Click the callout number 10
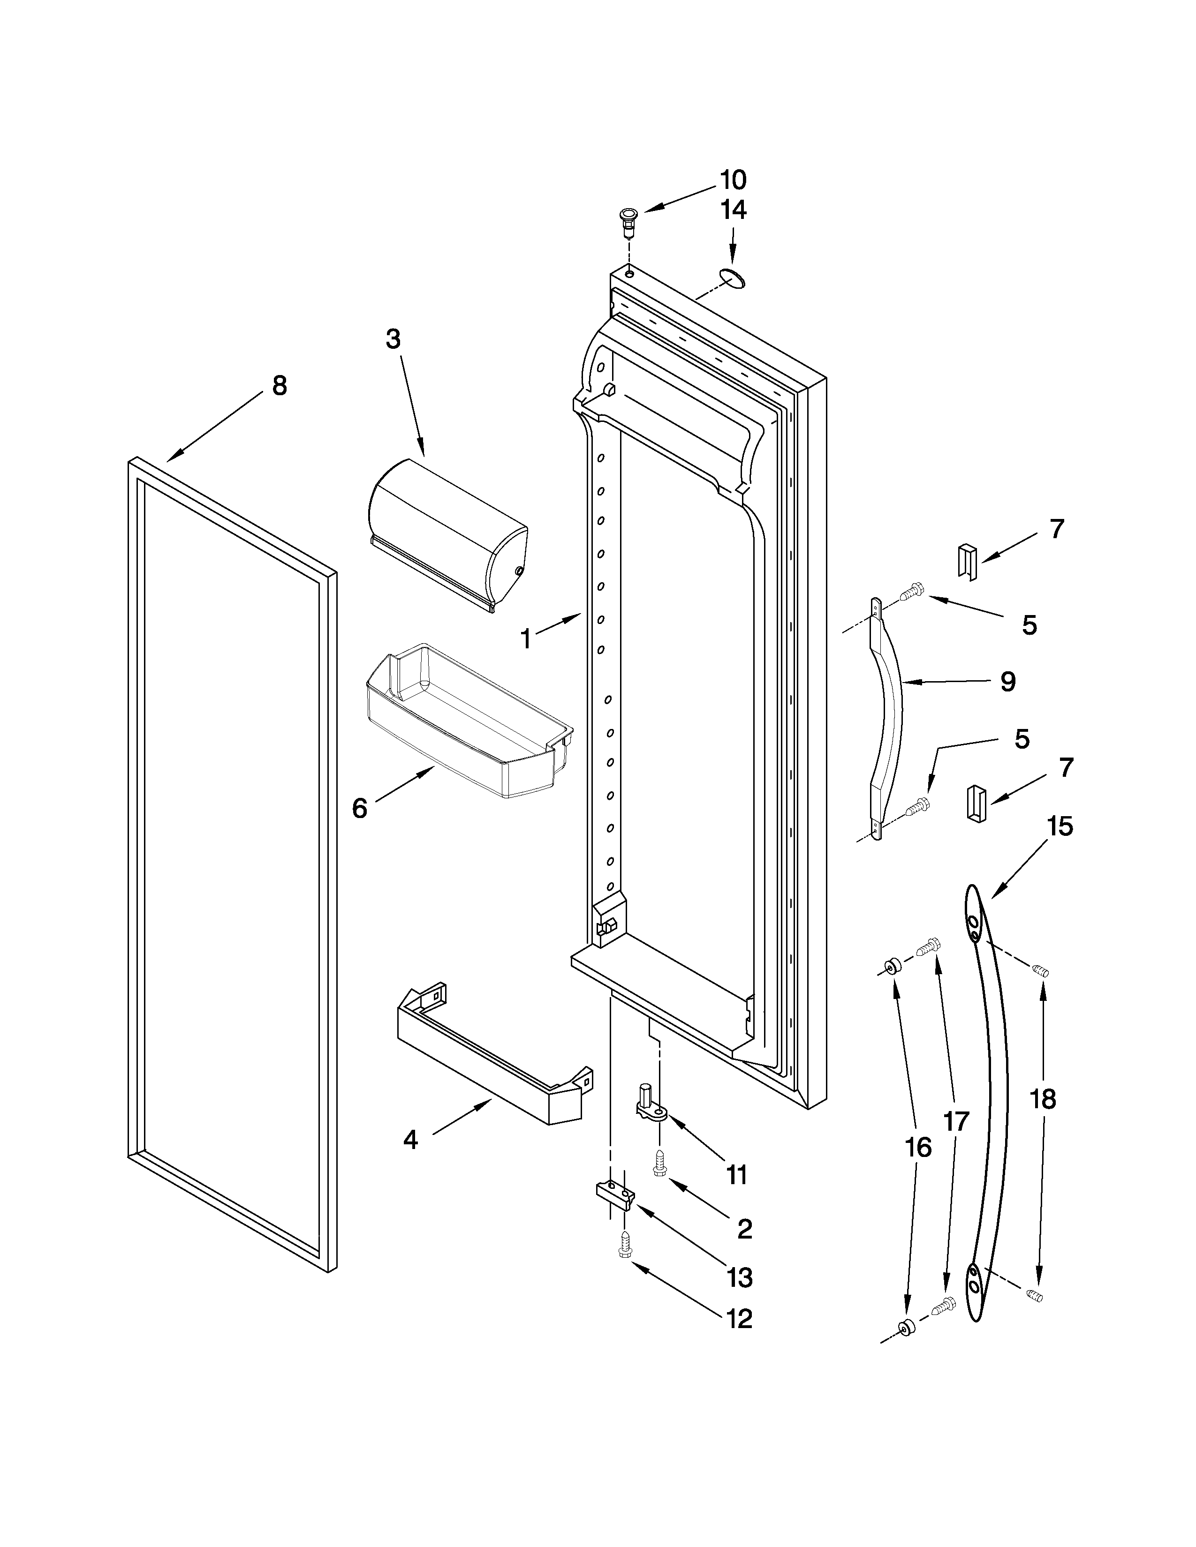click(x=734, y=180)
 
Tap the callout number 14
click(x=734, y=210)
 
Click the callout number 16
click(x=918, y=1147)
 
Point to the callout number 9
click(x=1007, y=682)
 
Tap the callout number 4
click(x=410, y=1140)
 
